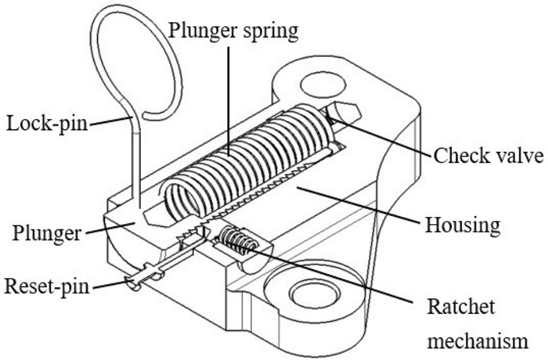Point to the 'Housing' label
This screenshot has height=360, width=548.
click(462, 225)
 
